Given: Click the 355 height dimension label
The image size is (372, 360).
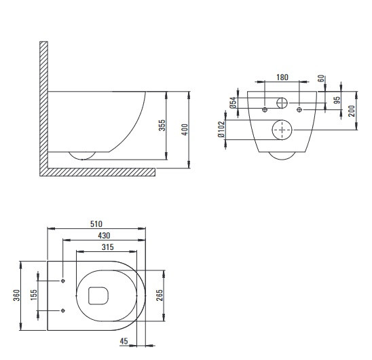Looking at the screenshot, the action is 162,126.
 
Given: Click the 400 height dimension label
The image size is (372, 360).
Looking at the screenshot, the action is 185,130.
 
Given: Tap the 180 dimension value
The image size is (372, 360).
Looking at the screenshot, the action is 282,77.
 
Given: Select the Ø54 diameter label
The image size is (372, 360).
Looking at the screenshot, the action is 234,103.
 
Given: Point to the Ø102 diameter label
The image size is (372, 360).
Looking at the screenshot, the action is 221,130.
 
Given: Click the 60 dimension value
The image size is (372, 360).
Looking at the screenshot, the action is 321,78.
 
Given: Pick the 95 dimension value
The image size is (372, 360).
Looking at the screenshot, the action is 337,100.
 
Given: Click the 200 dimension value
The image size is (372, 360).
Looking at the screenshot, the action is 352,111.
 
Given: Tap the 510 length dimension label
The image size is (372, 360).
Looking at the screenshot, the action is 96,224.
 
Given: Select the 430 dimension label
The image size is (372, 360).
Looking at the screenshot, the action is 104,236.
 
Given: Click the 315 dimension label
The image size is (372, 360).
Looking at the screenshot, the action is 108,247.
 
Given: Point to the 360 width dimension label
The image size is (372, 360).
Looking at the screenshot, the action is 16,295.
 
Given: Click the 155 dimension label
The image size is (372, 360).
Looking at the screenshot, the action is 34,295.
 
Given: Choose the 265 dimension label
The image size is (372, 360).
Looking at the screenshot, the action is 160,295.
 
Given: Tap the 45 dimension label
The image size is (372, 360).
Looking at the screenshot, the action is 124,341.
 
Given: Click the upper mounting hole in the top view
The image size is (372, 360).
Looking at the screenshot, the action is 63,281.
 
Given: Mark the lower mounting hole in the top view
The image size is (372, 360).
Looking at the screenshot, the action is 63,310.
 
